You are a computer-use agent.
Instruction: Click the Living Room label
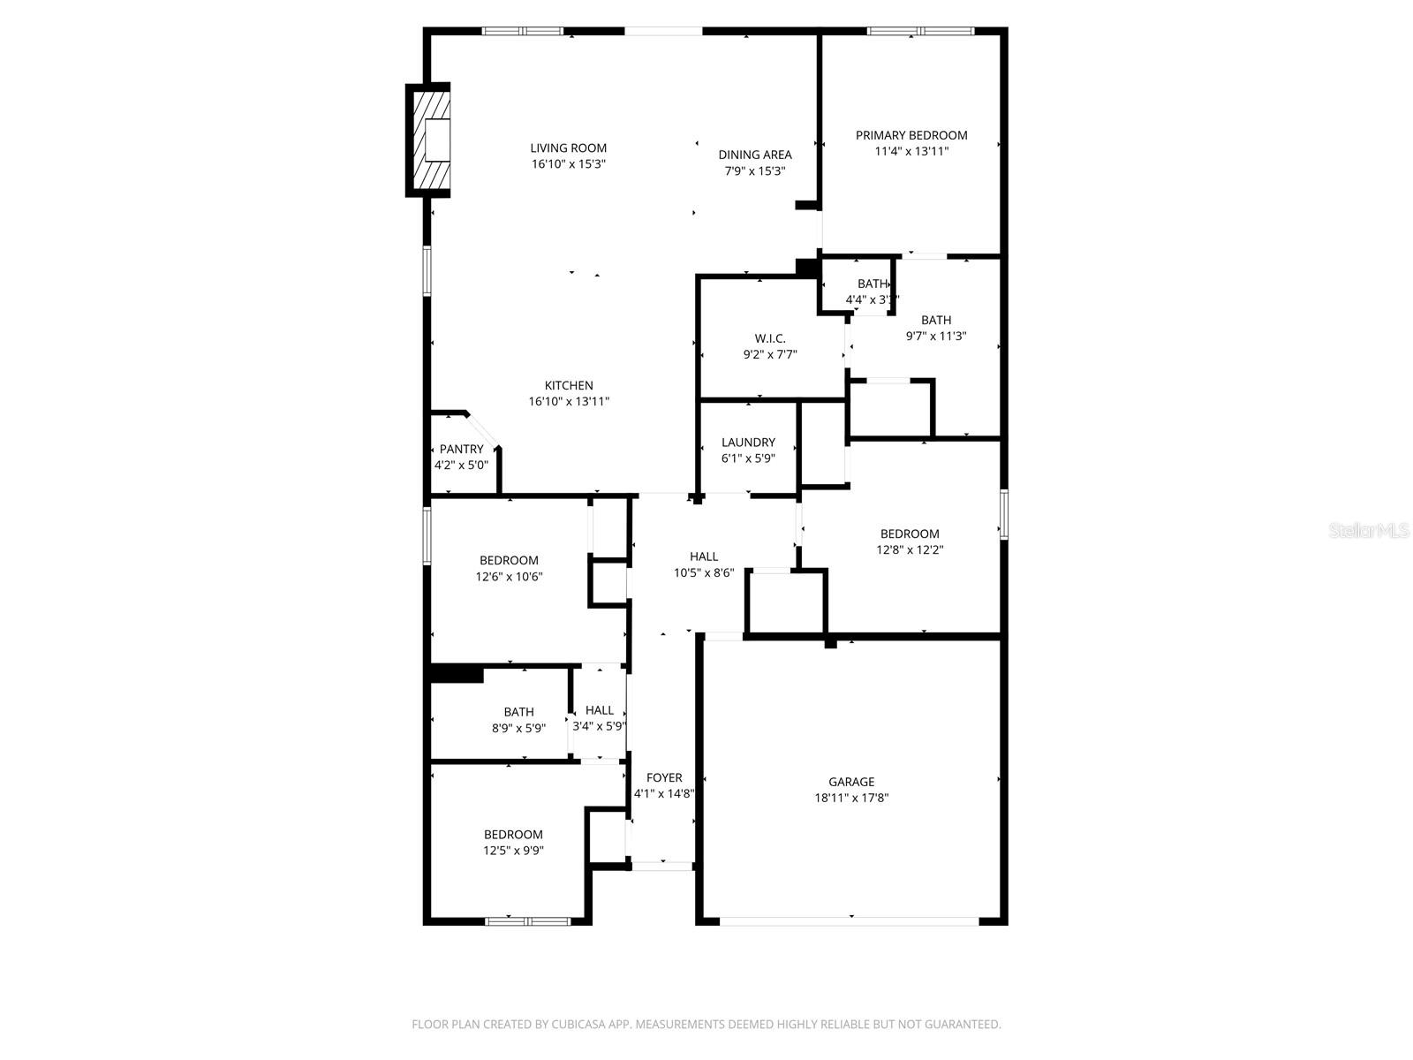[568, 148]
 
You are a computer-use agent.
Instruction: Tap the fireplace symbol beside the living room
[430, 140]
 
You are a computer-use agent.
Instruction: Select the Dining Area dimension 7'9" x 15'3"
[754, 171]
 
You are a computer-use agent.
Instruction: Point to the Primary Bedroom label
[911, 135]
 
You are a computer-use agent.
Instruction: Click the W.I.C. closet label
[769, 338]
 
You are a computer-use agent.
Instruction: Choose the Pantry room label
[461, 449]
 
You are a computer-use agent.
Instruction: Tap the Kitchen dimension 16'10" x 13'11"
[569, 402]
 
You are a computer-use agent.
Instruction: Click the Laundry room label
[748, 443]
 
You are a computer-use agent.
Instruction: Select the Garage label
[850, 782]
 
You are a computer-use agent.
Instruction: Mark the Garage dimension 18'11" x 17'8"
[850, 798]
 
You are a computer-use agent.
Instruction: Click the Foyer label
[664, 778]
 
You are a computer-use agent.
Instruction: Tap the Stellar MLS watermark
[1369, 531]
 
